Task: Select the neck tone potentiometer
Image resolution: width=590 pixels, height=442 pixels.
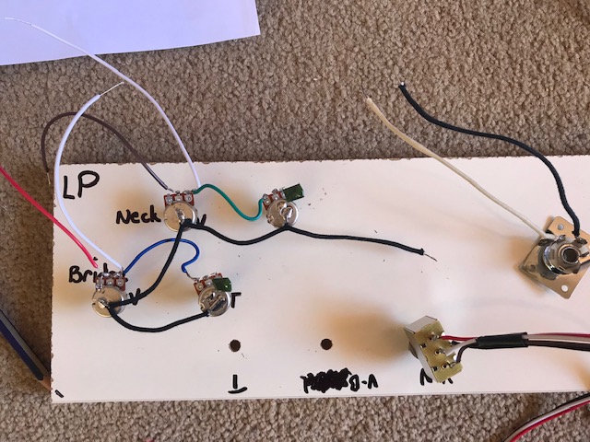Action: coord(279,211)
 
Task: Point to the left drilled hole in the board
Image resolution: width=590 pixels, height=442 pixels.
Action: coord(236,347)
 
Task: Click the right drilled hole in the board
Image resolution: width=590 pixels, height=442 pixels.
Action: coord(324,344)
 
